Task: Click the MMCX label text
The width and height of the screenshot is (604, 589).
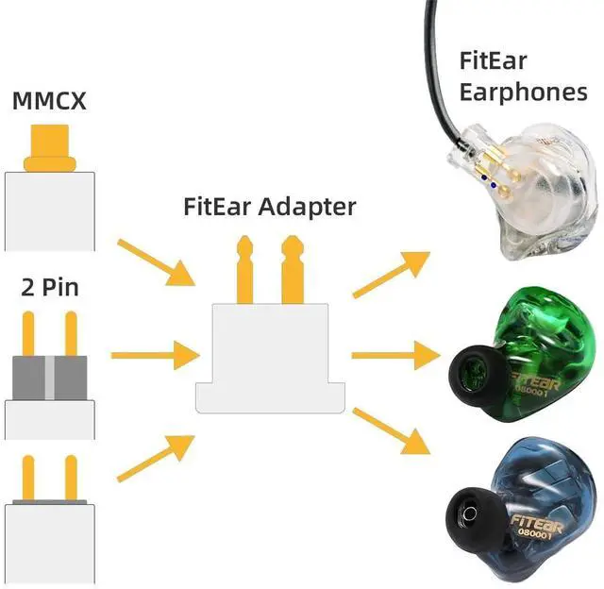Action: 50,99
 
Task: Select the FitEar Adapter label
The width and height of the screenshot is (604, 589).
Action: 269,207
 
